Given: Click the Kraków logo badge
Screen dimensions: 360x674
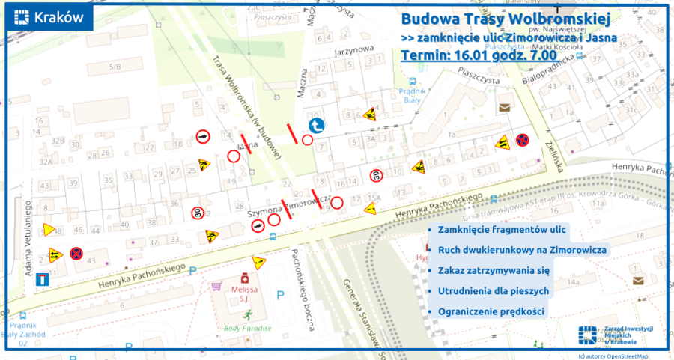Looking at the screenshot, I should point(49,19).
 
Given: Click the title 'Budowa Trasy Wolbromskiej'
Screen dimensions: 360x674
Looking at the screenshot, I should point(506,18).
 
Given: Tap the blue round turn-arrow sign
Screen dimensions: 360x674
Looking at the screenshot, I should point(317,125).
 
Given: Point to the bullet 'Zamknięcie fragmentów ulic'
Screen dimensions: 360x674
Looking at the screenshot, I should point(495,231).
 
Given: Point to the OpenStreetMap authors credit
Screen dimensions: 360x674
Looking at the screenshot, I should point(613,355).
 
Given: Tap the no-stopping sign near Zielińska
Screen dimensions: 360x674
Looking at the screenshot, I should point(524,140).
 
